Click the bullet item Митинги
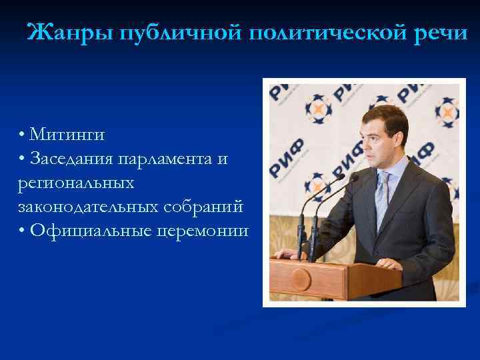pyautogui.click(x=67, y=135)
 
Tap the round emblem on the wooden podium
pyautogui.click(x=300, y=278)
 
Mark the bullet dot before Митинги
pyautogui.click(x=23, y=136)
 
